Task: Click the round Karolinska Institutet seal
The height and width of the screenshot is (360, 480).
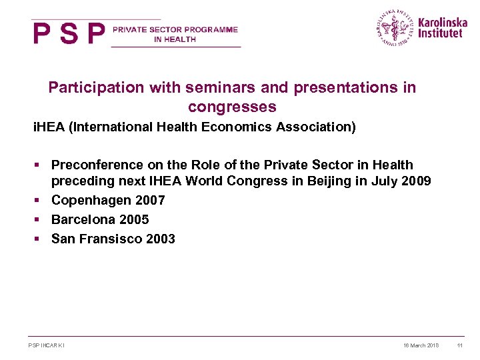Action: [x=395, y=28]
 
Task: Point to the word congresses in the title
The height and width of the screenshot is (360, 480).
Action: [x=232, y=107]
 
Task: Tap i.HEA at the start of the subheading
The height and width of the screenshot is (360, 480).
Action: [x=49, y=127]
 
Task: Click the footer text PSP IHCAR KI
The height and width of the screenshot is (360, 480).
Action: [x=47, y=345]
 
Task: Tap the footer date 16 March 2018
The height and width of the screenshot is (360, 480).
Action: [x=421, y=345]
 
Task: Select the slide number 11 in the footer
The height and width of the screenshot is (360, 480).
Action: [x=460, y=345]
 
